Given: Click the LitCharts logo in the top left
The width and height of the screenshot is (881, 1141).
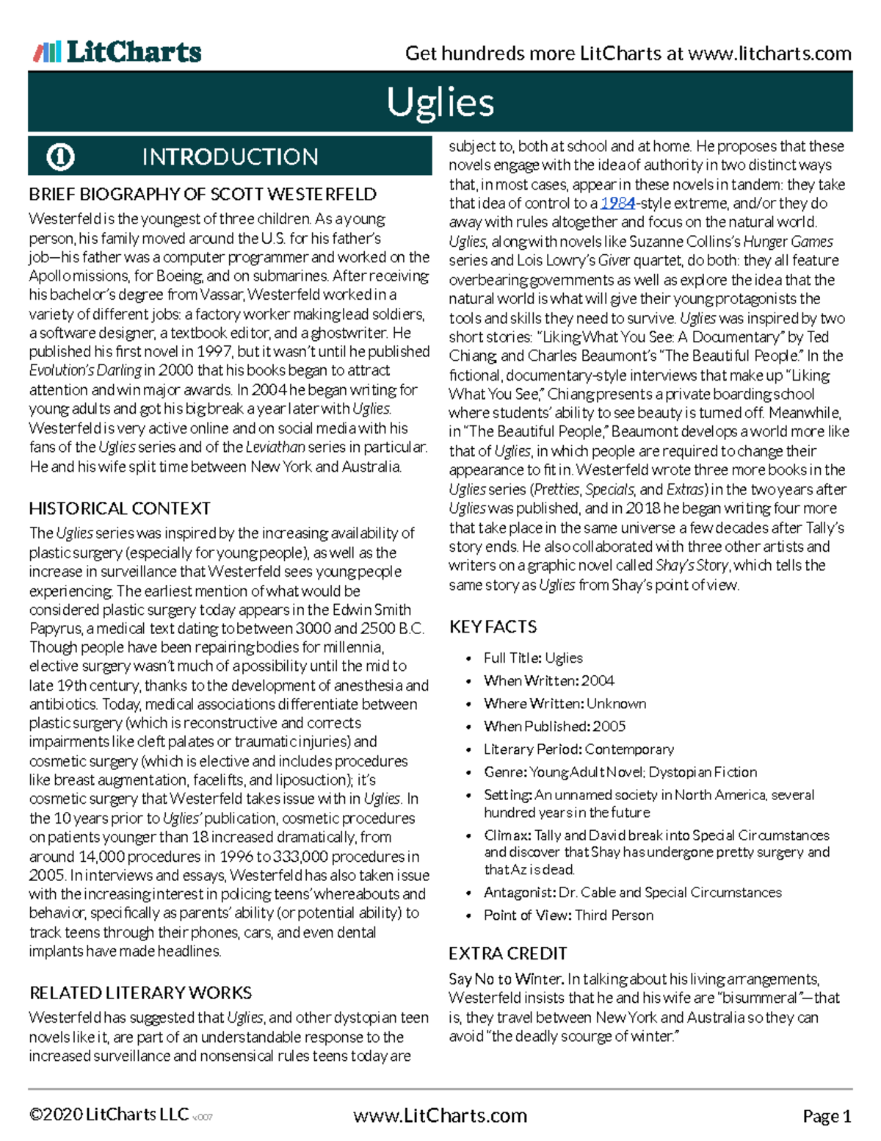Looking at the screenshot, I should (x=117, y=52).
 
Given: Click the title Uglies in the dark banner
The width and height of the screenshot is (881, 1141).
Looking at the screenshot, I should (x=440, y=102).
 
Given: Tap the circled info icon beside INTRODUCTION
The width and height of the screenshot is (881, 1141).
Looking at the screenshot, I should (x=60, y=156).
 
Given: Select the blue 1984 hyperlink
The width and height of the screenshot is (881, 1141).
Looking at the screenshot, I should (x=617, y=204).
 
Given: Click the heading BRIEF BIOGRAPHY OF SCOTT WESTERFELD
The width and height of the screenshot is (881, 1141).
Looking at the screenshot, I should (x=203, y=195).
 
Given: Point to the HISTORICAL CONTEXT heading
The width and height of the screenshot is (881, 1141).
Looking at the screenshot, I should (x=120, y=508).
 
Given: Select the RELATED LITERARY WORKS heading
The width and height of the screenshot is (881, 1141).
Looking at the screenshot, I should (x=140, y=993).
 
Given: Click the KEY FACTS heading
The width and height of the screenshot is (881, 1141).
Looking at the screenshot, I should (x=493, y=627).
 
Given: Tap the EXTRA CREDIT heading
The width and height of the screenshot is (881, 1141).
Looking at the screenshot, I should (x=507, y=954).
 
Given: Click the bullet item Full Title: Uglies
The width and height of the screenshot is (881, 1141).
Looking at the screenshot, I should (x=533, y=658).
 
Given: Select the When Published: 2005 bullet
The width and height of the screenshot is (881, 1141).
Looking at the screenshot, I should (x=554, y=727).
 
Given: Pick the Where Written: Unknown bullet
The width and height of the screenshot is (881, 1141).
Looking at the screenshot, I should (x=565, y=704).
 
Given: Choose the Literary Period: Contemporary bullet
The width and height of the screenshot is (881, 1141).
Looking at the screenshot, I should (x=579, y=749).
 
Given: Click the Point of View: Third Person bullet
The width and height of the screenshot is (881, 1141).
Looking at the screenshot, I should (x=568, y=915).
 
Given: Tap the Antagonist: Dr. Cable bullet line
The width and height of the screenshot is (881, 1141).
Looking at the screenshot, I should (x=632, y=893).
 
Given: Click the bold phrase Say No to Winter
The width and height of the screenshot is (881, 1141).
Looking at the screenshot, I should (x=506, y=979).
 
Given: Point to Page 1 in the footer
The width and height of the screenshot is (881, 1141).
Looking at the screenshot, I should (x=827, y=1117).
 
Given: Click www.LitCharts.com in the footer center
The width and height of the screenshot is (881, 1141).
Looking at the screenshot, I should (x=440, y=1116).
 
